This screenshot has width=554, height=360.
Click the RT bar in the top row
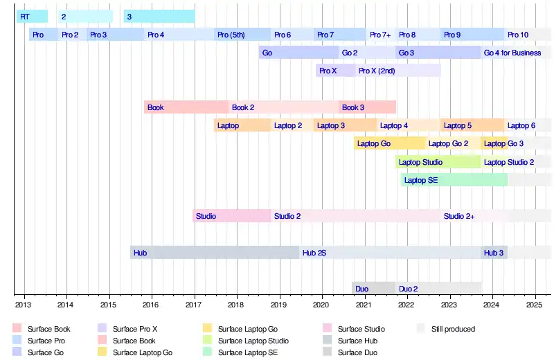click(32, 17)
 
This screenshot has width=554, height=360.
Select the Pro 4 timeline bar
click(179, 35)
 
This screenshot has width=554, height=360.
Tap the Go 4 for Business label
click(512, 53)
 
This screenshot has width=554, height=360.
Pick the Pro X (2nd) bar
click(398, 71)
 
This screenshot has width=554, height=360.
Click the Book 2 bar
click(284, 107)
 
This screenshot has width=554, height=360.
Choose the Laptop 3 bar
click(344, 125)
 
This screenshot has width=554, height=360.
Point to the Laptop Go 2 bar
click(453, 143)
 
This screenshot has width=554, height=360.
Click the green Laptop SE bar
click(454, 180)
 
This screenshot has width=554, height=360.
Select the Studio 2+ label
click(459, 216)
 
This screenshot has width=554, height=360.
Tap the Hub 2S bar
click(391, 253)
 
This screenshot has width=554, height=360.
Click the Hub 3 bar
click(494, 253)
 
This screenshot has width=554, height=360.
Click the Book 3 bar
click(368, 107)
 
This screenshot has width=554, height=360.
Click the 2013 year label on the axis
click(23, 304)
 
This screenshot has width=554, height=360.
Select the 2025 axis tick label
click(534, 304)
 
